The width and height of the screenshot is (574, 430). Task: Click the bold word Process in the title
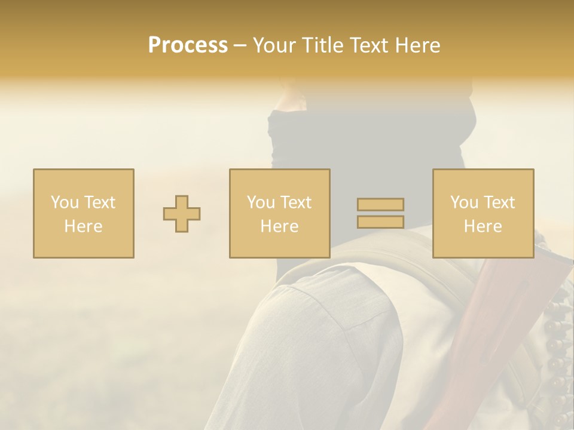click(188, 45)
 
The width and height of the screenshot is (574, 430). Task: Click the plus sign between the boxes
click(182, 214)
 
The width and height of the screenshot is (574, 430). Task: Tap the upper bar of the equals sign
click(380, 205)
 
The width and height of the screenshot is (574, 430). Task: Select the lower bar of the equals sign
click(380, 222)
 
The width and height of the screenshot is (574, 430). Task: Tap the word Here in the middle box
click(280, 226)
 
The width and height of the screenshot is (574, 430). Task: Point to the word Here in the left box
click(84, 226)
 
